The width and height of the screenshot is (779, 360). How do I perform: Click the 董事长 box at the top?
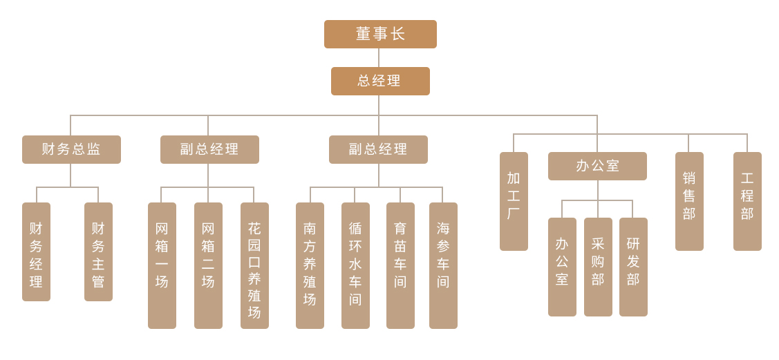(380, 34)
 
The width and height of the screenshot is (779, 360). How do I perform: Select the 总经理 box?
(380, 81)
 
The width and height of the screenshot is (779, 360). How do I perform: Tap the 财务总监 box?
(71, 149)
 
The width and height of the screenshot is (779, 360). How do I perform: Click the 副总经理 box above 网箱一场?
(209, 149)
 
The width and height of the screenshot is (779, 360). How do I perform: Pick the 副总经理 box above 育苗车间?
(378, 149)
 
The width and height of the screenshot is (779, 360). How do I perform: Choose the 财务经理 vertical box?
(36, 252)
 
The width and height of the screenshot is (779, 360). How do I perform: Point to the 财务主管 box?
(98, 252)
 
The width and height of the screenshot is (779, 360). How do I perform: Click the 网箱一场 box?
(162, 265)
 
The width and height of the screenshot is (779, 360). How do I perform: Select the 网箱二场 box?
(208, 265)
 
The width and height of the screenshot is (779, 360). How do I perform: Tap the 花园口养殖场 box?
(254, 265)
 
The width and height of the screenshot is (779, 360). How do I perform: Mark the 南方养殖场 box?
(310, 265)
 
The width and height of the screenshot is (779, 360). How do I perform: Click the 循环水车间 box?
(355, 265)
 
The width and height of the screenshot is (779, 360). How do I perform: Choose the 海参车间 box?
(443, 265)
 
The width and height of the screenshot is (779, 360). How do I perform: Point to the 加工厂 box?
(514, 201)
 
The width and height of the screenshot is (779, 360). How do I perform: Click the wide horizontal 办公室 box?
(597, 166)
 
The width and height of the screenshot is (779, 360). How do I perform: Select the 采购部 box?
(598, 267)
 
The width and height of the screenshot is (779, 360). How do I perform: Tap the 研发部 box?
(633, 267)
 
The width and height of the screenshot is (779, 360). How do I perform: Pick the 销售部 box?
(689, 201)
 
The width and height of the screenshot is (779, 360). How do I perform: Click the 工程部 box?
(747, 201)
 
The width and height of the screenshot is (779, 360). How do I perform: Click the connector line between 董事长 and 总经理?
(379, 57)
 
